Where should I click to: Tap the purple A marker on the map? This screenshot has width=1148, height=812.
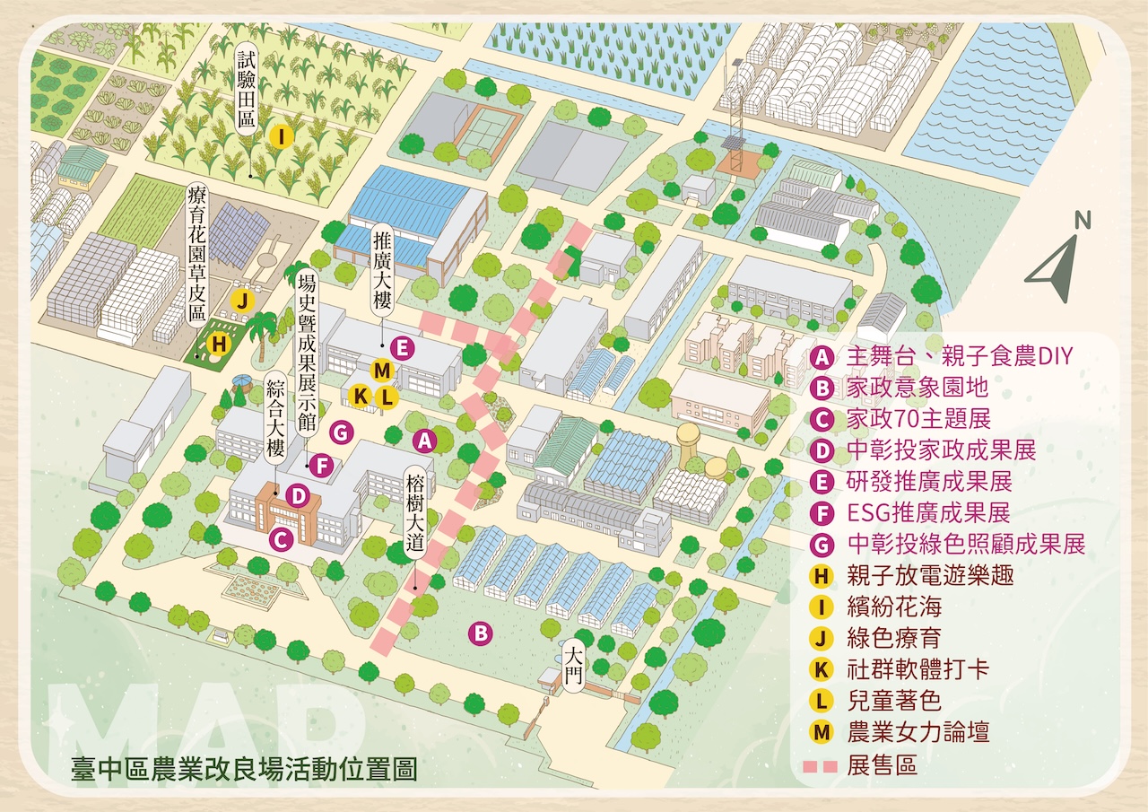point(423,441)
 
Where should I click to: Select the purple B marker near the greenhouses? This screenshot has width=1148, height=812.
point(481,633)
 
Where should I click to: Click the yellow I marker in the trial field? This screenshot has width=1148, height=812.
point(281,136)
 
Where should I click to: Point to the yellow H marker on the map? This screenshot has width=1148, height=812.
point(217,343)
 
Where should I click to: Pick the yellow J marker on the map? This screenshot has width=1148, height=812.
point(240,301)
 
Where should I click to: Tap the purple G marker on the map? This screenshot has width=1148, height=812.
point(339,432)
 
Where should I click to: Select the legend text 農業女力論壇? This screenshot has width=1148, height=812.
point(918,731)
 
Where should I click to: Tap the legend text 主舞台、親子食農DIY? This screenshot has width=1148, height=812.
point(960,355)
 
